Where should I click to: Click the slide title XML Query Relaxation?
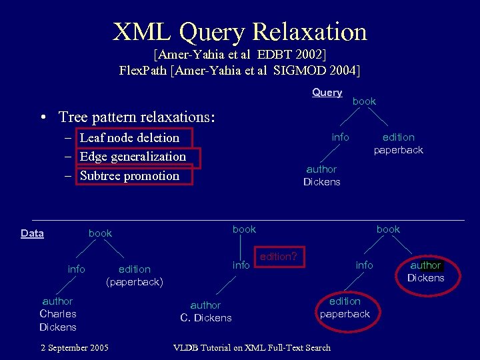pyautogui.click(x=240, y=31)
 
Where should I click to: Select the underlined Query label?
pyautogui.click(x=327, y=93)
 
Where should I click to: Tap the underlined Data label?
pyautogui.click(x=32, y=233)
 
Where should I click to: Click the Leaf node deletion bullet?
pyautogui.click(x=129, y=138)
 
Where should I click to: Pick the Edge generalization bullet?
pyautogui.click(x=133, y=157)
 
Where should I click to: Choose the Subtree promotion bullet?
pyautogui.click(x=129, y=176)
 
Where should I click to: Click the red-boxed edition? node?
pyautogui.click(x=279, y=257)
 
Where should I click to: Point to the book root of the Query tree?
pyautogui.click(x=364, y=101)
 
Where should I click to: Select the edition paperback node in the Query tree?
pyautogui.click(x=398, y=144)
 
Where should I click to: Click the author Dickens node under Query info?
pyautogui.click(x=321, y=176)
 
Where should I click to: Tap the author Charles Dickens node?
pyautogui.click(x=58, y=314)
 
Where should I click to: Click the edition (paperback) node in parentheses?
pyautogui.click(x=134, y=276)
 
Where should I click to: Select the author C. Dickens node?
pyautogui.click(x=205, y=311)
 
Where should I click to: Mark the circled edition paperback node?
pyautogui.click(x=345, y=308)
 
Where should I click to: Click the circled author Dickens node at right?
pyautogui.click(x=425, y=272)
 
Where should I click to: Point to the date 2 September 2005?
pyautogui.click(x=74, y=347)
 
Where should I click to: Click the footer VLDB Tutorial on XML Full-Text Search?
pyautogui.click(x=251, y=347)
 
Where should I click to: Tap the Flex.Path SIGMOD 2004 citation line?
pyautogui.click(x=239, y=70)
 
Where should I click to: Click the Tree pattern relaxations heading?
pyautogui.click(x=137, y=117)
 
